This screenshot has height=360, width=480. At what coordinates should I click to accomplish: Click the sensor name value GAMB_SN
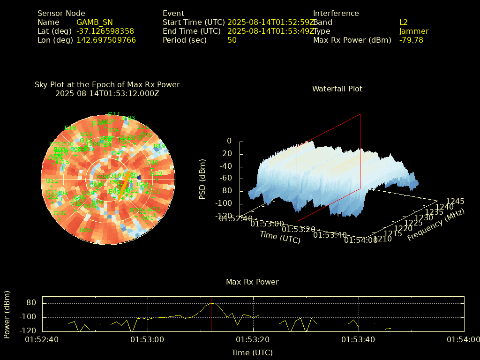[x=94, y=22]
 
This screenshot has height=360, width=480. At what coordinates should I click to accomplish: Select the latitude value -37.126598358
[x=105, y=31]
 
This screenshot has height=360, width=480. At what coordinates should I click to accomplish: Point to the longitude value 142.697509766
[x=106, y=40]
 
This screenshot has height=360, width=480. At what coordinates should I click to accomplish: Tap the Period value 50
[x=232, y=40]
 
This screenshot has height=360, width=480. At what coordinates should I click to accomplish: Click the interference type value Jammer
[x=414, y=31]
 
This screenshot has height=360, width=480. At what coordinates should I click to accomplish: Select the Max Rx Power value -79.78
[x=411, y=40]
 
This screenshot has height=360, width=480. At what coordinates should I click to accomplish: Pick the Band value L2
[x=404, y=22]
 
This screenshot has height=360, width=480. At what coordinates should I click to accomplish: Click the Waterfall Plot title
[x=337, y=89]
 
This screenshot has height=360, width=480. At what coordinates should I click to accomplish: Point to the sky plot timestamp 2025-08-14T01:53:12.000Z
[x=107, y=93]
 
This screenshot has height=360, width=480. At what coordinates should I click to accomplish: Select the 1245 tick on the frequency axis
[x=455, y=201]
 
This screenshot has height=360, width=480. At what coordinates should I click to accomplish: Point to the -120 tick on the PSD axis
[x=223, y=216]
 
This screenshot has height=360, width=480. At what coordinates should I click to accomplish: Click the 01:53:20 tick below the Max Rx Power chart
[x=253, y=339]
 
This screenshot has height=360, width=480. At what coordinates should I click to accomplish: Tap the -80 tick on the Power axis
[x=30, y=303]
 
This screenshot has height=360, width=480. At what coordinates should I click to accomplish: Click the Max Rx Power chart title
[x=252, y=282]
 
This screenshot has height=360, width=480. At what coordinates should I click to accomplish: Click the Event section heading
[x=173, y=13]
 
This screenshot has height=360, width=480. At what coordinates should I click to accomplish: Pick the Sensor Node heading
[x=61, y=13]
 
